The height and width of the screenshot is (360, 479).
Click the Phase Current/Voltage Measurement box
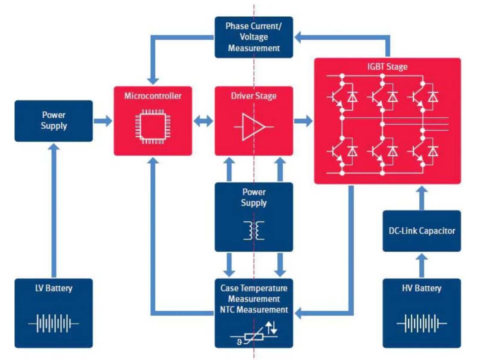tap(254, 37)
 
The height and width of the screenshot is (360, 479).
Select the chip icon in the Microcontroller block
tap(152, 127)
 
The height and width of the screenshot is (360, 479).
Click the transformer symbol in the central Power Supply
tap(254, 230)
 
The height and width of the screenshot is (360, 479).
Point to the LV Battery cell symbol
tap(53, 324)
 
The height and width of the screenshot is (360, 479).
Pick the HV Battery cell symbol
tap(422, 324)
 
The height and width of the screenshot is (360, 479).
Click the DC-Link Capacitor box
tap(422, 231)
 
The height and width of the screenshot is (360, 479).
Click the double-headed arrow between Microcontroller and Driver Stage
tap(203, 121)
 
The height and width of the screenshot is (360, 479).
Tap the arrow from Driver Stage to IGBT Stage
tap(303, 121)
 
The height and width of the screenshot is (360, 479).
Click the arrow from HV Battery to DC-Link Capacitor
tap(422, 265)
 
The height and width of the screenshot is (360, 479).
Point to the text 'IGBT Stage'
tap(387, 67)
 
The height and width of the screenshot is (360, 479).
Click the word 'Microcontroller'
tap(153, 95)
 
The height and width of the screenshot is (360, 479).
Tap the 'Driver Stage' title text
tap(254, 95)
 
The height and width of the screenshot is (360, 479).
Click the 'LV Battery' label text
tap(53, 288)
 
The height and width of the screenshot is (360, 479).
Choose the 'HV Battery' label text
tap(422, 288)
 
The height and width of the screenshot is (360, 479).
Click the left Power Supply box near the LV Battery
tap(53, 121)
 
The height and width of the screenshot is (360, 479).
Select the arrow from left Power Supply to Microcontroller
tap(103, 121)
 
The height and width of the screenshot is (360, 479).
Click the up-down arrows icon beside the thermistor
tap(271, 327)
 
